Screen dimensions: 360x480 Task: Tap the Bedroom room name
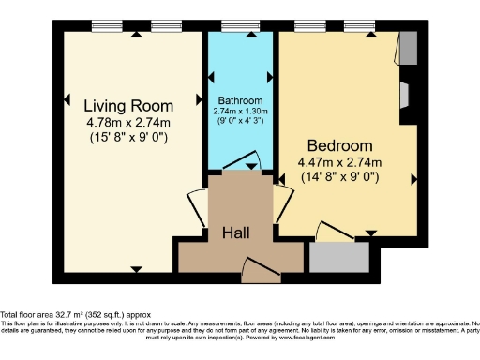(x=340, y=146)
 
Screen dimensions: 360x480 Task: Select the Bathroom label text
(x=240, y=100)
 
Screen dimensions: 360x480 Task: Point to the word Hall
(x=235, y=232)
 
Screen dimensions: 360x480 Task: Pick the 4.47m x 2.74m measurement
(x=341, y=162)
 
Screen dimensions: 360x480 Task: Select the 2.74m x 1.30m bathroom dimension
(x=240, y=111)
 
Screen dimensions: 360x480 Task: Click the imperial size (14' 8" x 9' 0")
(x=341, y=177)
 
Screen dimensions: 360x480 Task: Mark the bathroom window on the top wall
(x=240, y=28)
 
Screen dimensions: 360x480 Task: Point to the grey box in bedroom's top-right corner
(x=408, y=48)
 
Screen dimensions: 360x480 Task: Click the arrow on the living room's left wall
(x=68, y=97)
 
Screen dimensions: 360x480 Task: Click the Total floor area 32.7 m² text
(x=75, y=314)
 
